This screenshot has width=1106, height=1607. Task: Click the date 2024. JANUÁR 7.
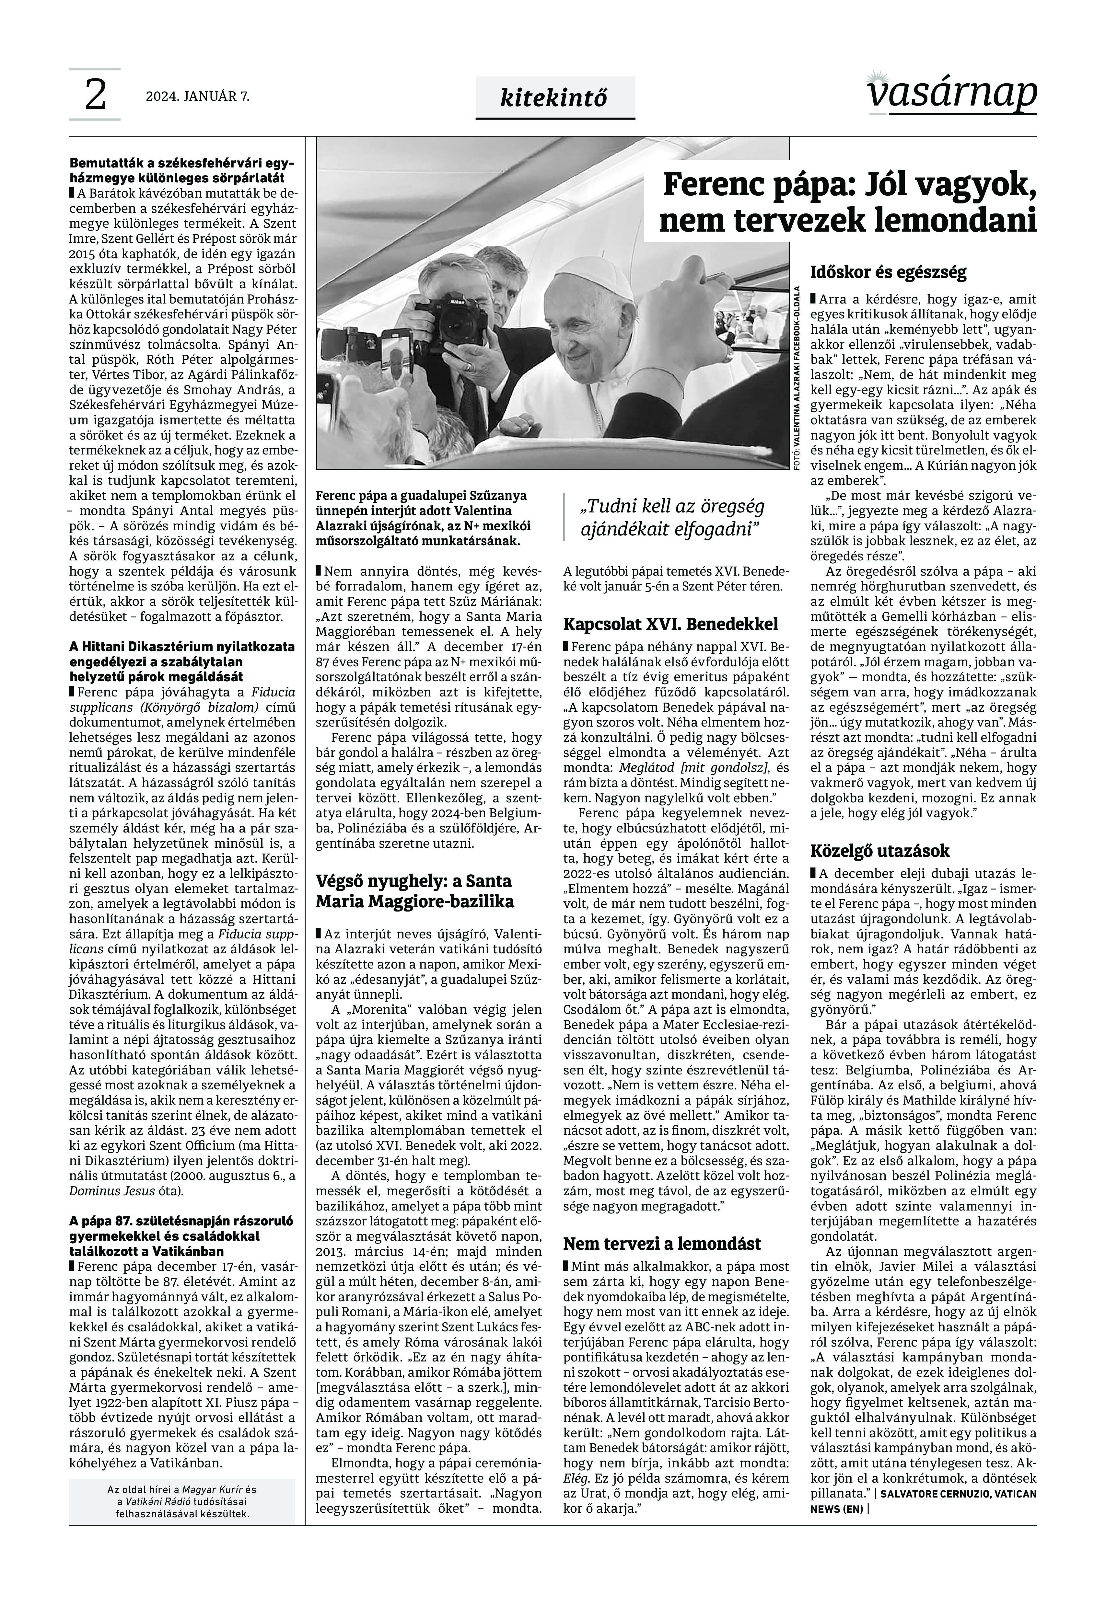pos(197,97)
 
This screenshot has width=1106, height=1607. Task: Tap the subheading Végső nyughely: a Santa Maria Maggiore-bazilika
pos(414,891)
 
